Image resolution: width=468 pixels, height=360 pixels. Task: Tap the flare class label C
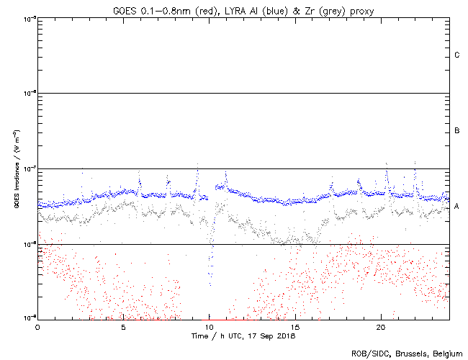[x=457, y=55]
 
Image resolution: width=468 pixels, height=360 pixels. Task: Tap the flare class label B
[x=457, y=131]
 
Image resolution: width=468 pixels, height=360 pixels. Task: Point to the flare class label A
[x=457, y=207]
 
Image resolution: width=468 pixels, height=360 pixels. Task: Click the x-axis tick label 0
[x=37, y=327]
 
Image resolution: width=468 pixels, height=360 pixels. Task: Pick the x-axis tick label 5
[x=123, y=327]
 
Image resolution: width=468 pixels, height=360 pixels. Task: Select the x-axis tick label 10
[x=209, y=327]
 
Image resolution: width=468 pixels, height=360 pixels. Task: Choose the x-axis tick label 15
[x=294, y=327]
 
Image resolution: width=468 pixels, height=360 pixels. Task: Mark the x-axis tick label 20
[x=380, y=327]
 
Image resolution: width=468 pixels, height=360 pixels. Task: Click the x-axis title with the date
[x=243, y=336]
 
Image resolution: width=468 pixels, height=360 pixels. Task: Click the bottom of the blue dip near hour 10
[x=211, y=285]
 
